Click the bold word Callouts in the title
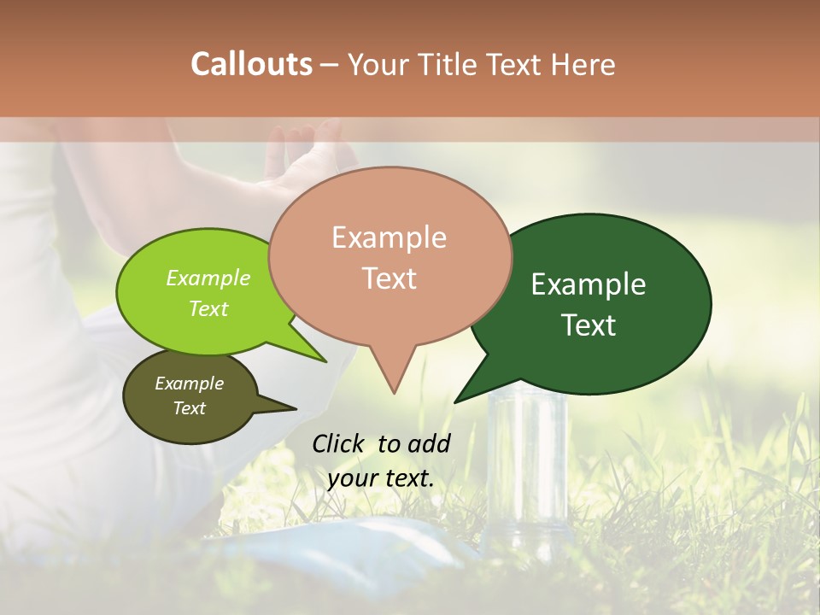coord(251,64)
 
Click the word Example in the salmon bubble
coord(389,237)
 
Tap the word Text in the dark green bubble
coord(589,325)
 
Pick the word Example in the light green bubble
coord(208,278)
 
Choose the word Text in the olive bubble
coord(190,408)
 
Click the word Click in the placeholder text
coord(338,444)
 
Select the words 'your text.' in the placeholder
coord(380,478)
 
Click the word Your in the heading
coord(378,64)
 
